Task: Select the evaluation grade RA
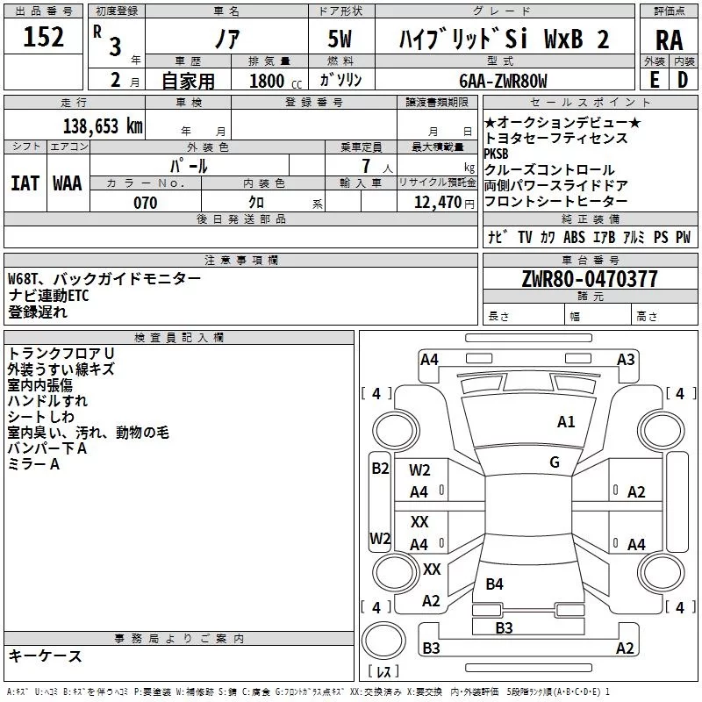pos(669,39)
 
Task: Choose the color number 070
pos(145,203)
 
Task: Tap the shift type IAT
pos(25,183)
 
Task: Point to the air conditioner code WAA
pos(67,183)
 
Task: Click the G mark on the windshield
pos(555,462)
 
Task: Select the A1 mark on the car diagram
pos(566,422)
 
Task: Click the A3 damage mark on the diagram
pos(626,359)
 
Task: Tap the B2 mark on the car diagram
pos(380,469)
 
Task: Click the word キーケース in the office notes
pos(46,656)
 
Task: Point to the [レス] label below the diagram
pos(383,671)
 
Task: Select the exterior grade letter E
pos(655,80)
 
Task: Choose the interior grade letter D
pos(683,80)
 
